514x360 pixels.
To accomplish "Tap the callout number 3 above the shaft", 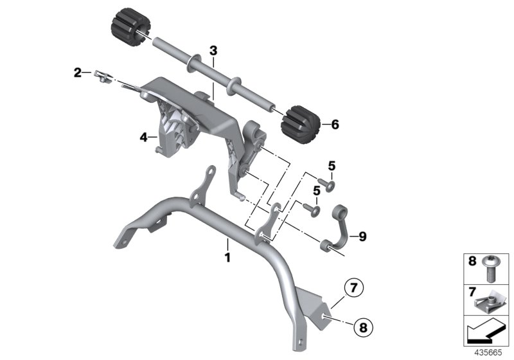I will tap(213, 50).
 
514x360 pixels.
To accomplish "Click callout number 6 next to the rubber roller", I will tap(334, 125).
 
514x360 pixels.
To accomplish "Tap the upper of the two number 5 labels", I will tap(332, 166).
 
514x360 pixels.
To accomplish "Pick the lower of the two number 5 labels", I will tap(316, 191).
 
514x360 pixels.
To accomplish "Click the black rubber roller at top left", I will tap(130, 28).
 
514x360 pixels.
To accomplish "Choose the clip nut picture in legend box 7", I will tap(490, 300).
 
